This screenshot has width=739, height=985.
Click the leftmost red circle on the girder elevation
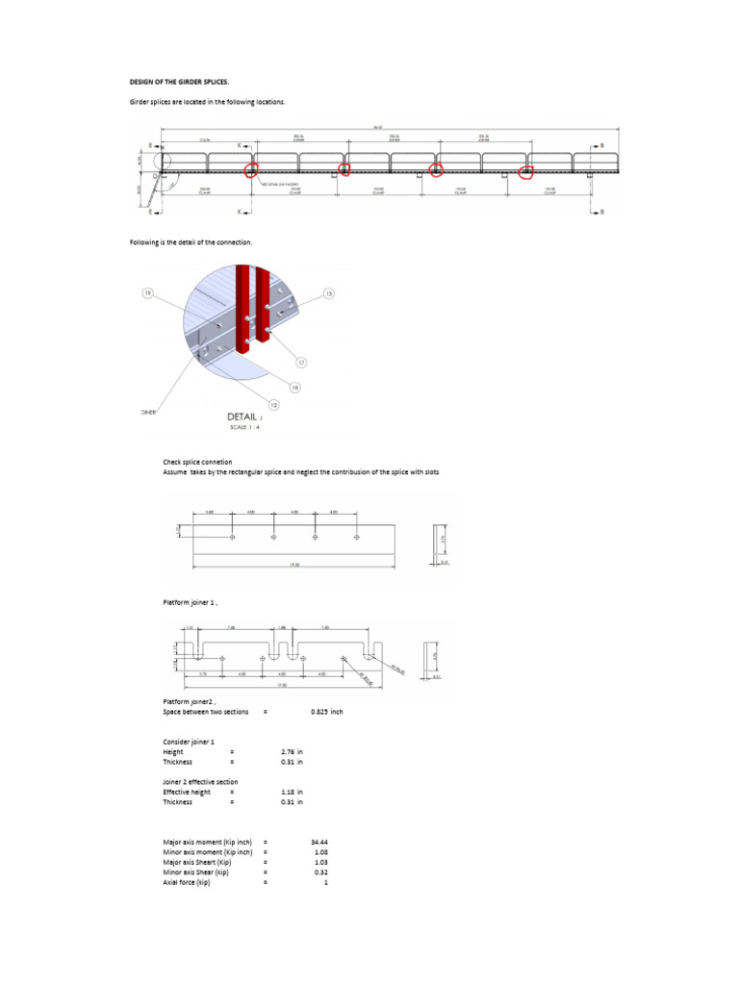[x=252, y=170]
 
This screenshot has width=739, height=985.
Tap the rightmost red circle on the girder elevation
[x=526, y=172]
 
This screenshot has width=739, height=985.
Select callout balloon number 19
[x=147, y=293]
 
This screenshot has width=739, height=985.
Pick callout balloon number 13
[x=328, y=292]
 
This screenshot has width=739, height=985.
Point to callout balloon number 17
[x=300, y=363]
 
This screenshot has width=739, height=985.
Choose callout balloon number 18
[x=295, y=387]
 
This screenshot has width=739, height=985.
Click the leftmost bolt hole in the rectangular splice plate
[x=233, y=537]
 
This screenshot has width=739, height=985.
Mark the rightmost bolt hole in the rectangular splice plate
[x=356, y=537]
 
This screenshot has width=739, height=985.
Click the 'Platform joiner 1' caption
[x=190, y=602]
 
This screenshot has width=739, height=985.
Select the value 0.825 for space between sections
[x=326, y=712]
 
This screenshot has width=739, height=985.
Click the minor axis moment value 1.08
[x=321, y=851]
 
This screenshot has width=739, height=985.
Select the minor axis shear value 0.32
[x=321, y=871]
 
